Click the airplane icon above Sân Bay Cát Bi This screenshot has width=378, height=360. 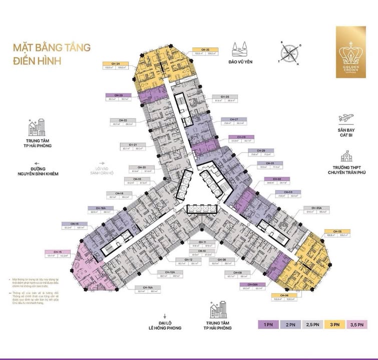click(345, 118)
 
